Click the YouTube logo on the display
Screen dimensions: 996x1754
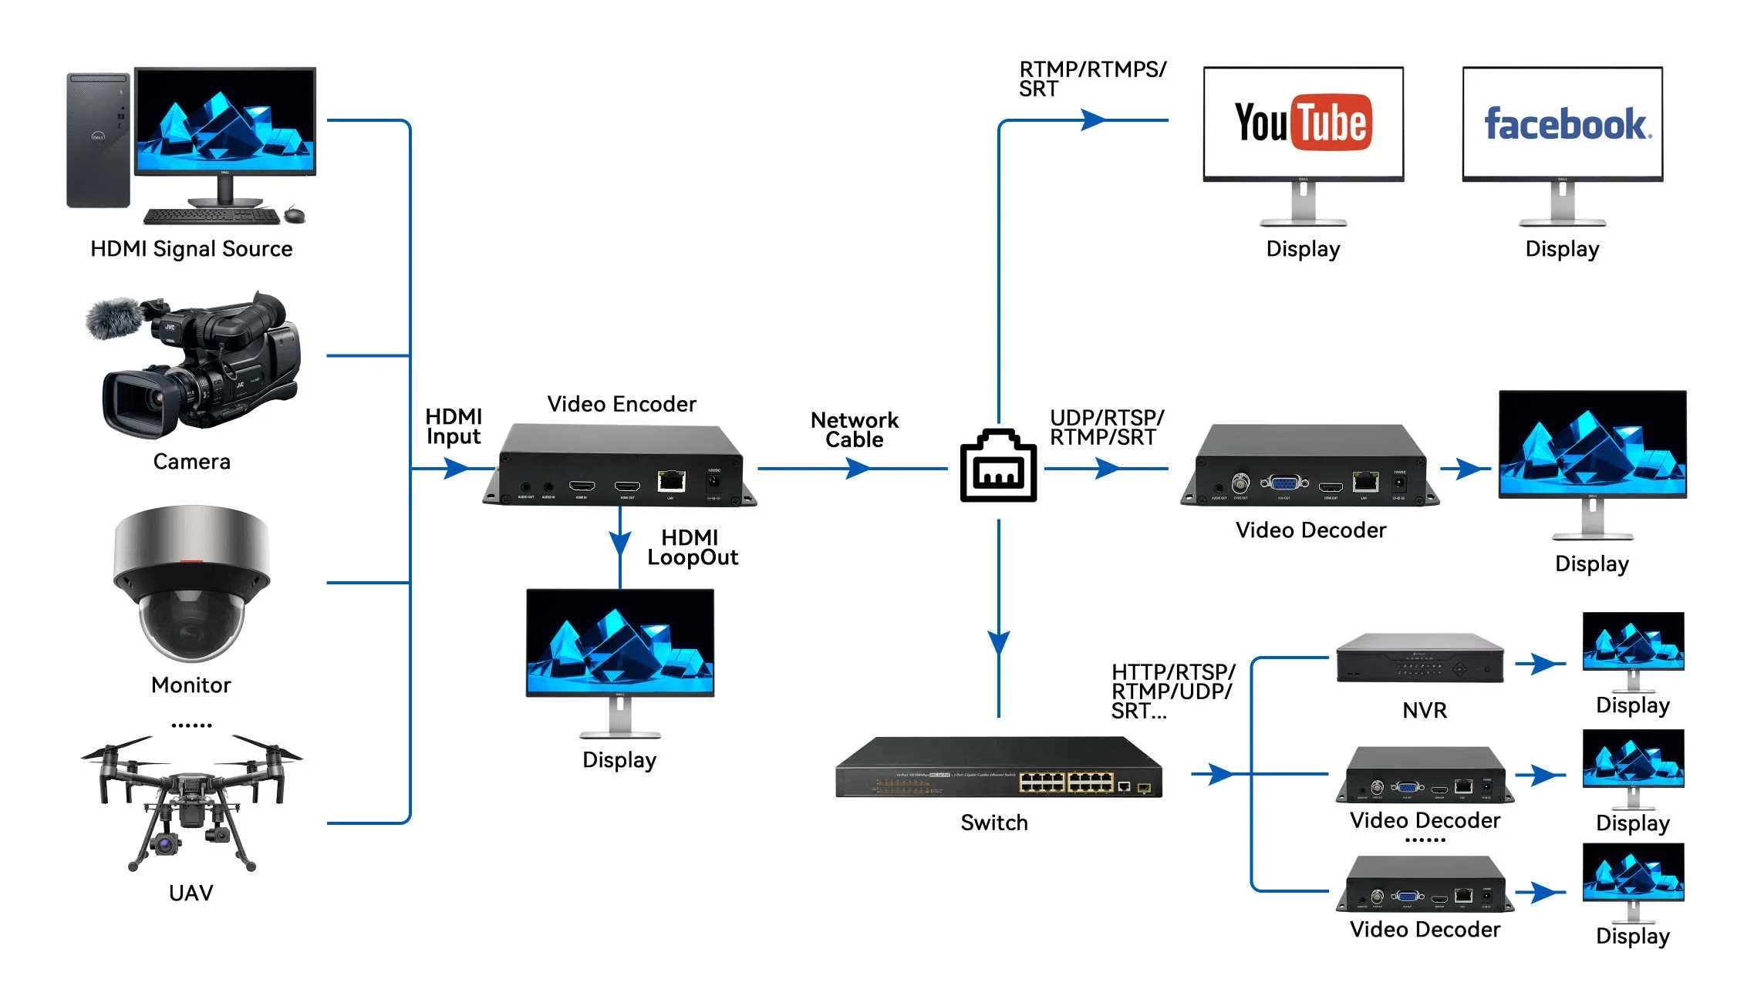tap(1303, 123)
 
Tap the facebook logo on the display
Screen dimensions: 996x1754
tap(1567, 124)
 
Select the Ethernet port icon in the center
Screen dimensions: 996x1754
tap(998, 466)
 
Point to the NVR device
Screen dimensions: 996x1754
tap(1419, 658)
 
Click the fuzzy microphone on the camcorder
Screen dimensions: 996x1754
tap(113, 318)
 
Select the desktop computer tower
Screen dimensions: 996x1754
tap(98, 140)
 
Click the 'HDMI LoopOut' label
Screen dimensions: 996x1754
tap(692, 547)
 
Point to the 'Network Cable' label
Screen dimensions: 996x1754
tap(854, 430)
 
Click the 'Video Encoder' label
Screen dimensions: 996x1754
tap(621, 404)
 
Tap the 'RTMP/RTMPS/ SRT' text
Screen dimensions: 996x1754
tap(1091, 79)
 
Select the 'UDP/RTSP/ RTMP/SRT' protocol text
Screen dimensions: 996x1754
tap(1106, 428)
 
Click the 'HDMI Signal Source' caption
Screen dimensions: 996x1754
tap(191, 249)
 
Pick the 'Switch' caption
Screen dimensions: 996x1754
tap(993, 823)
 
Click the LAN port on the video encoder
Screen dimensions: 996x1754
tap(670, 481)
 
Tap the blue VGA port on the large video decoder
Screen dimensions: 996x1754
tap(1284, 483)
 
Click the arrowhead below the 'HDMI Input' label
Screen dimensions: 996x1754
tap(457, 468)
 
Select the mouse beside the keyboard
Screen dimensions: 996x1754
tap(295, 214)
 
